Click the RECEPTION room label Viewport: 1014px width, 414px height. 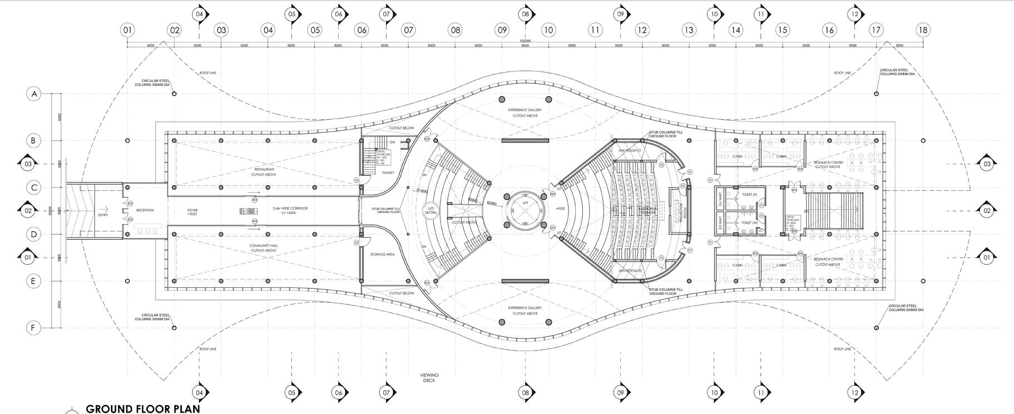coord(145,210)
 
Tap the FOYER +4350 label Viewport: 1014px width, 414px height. coord(192,212)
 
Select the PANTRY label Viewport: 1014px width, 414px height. coord(388,172)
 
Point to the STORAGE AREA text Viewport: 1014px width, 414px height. coord(382,254)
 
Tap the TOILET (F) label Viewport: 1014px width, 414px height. coord(749,195)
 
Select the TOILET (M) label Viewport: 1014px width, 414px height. coord(749,223)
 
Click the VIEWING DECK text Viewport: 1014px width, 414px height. coord(429,378)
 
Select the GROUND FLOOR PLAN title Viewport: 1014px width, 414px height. coord(142,408)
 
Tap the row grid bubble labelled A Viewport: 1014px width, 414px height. coord(34,94)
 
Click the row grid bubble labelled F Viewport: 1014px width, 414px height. coord(34,328)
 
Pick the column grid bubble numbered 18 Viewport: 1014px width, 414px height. coord(923,29)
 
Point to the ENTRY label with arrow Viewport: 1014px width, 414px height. coord(103,214)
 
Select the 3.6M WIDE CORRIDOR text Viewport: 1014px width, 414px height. coord(290,208)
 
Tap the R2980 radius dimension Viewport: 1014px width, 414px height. coord(492,204)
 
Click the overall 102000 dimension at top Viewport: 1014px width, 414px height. coord(525,41)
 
